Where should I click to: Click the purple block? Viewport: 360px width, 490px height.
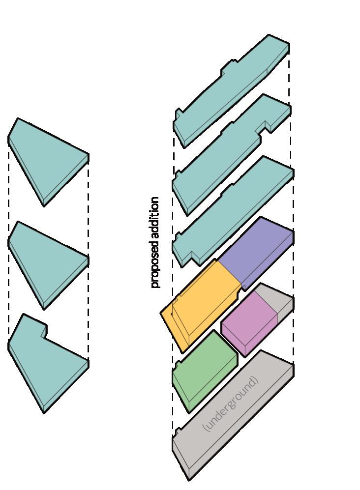(256, 251)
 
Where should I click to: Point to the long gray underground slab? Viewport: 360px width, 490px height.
(231, 418)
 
